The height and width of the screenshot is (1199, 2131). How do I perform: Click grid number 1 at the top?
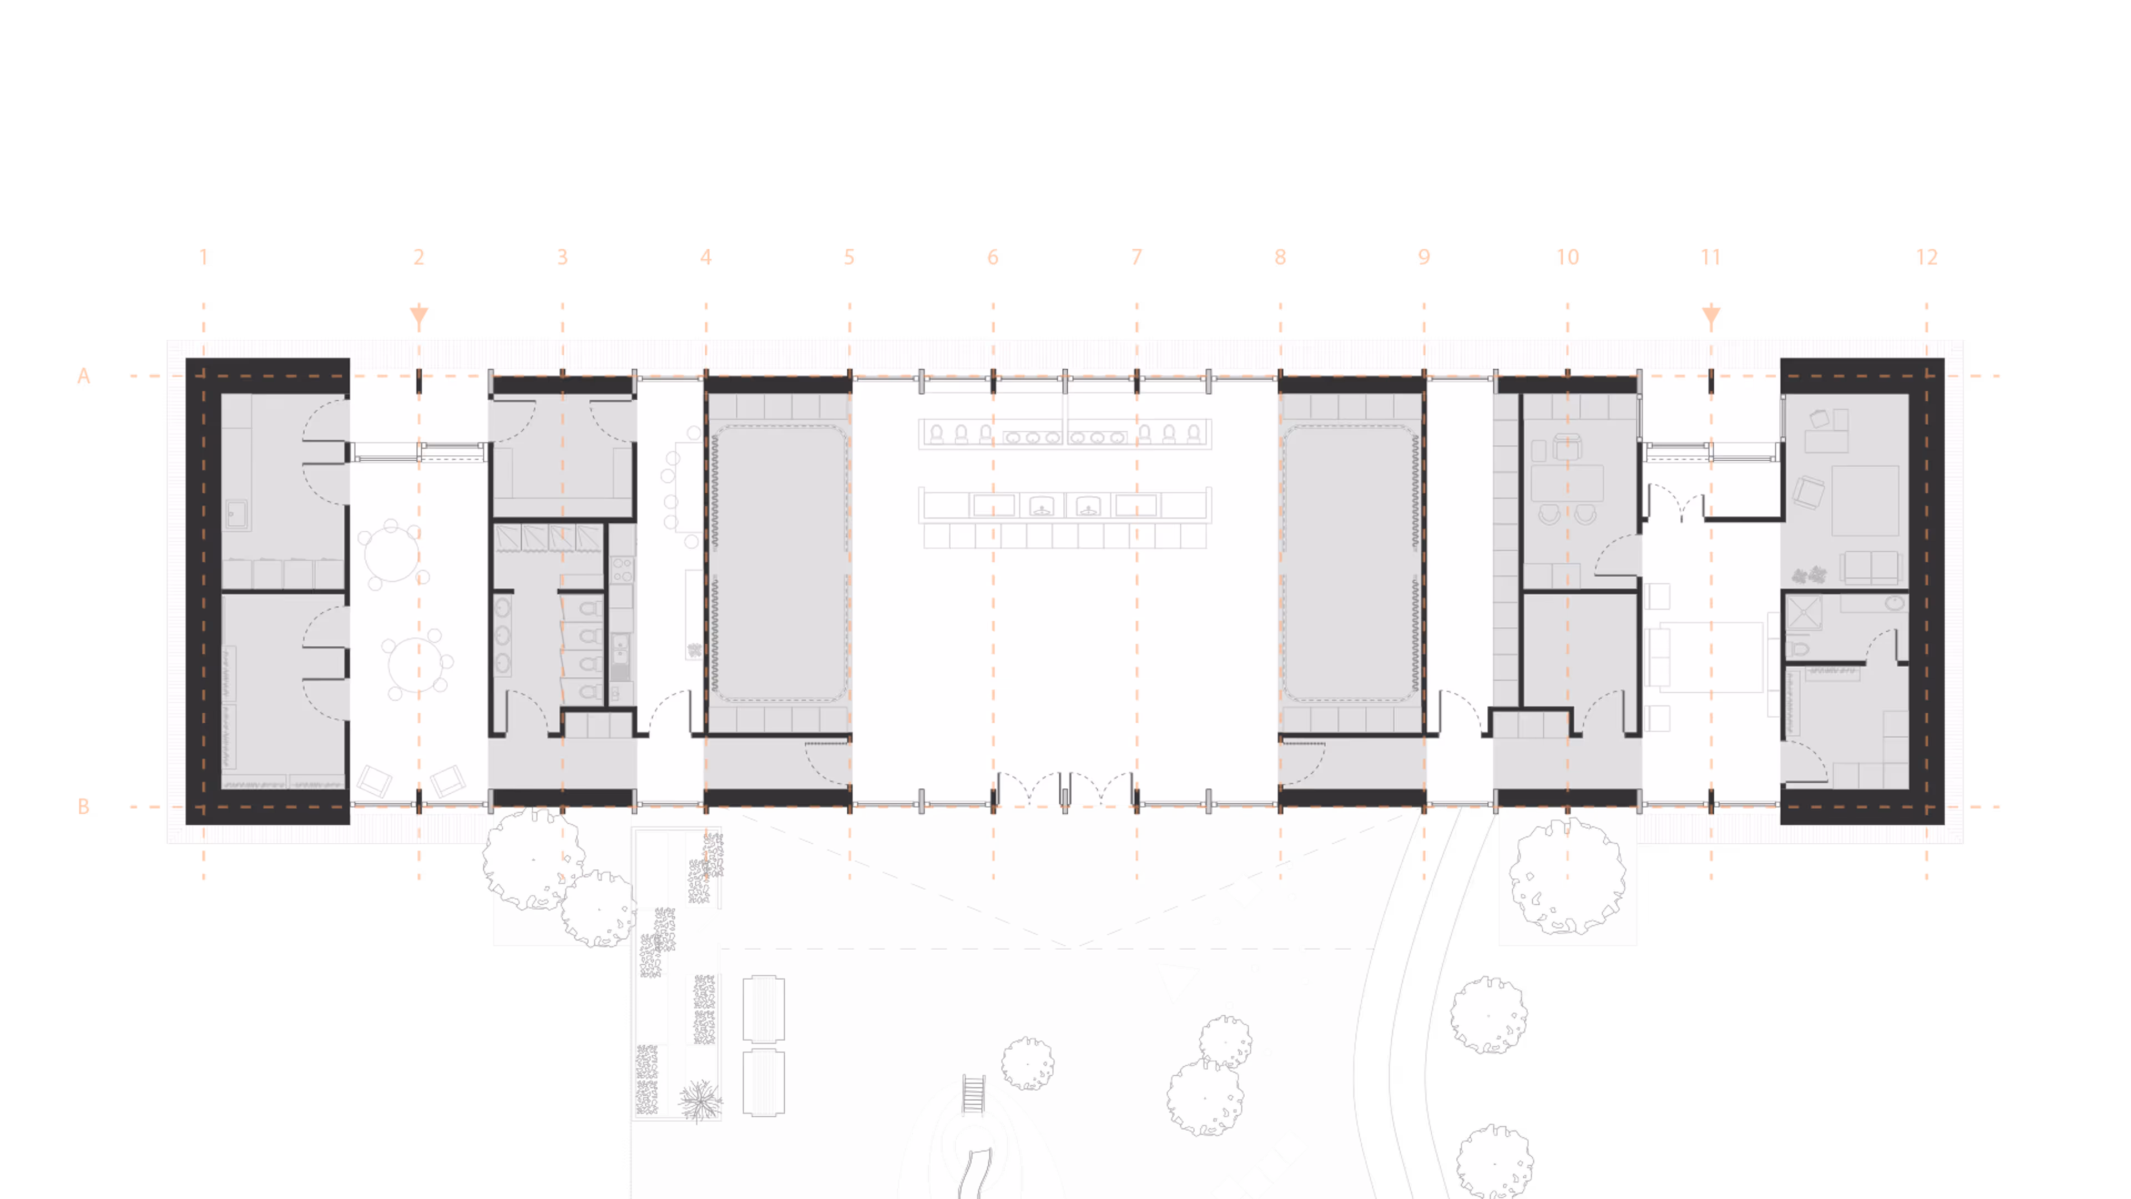[x=204, y=258]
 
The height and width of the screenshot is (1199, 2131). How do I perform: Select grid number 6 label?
[x=993, y=258]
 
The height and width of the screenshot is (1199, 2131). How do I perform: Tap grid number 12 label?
[x=1927, y=258]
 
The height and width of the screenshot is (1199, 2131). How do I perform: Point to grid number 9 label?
[x=1423, y=258]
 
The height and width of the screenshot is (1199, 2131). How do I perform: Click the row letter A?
[x=84, y=376]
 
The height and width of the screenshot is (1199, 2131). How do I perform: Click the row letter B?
[x=84, y=807]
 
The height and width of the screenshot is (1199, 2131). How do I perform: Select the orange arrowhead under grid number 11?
[x=1711, y=315]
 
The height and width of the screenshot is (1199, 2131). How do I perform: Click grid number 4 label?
[x=706, y=258]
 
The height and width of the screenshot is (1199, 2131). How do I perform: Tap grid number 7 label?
[x=1137, y=258]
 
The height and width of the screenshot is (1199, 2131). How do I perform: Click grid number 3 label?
[x=563, y=258]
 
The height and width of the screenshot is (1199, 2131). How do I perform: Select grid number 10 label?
[x=1567, y=258]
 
